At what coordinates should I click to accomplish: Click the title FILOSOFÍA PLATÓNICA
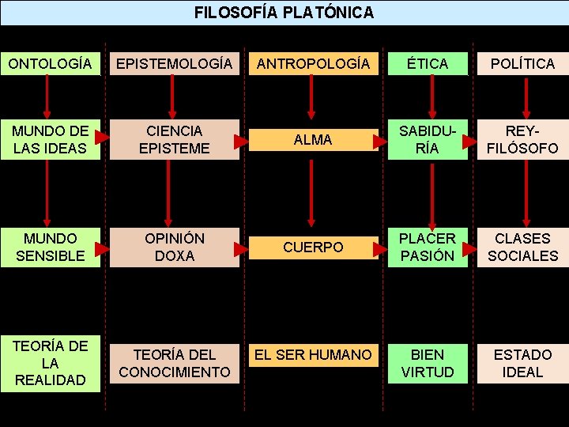pos(284,13)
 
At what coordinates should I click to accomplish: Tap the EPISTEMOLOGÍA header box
pos(174,63)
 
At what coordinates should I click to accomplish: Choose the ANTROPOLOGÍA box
pos(311,63)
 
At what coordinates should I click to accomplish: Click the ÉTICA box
pos(428,63)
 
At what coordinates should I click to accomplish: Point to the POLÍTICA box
pos(522,63)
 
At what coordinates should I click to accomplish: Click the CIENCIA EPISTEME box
pos(174,139)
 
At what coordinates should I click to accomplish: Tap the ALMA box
pos(311,139)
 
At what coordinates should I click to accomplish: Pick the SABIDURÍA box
pos(428,139)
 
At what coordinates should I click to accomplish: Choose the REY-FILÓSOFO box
pos(522,139)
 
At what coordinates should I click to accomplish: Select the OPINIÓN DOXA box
pos(174,247)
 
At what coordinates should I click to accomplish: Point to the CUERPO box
pos(311,247)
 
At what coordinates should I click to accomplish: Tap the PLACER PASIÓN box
pos(428,247)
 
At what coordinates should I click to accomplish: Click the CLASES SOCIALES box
pos(522,247)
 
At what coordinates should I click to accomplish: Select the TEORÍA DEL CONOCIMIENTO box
pos(174,363)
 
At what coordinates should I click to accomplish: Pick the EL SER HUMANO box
pos(311,355)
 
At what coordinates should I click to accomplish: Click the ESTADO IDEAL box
pos(522,363)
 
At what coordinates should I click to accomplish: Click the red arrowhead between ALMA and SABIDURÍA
pos(381,140)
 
